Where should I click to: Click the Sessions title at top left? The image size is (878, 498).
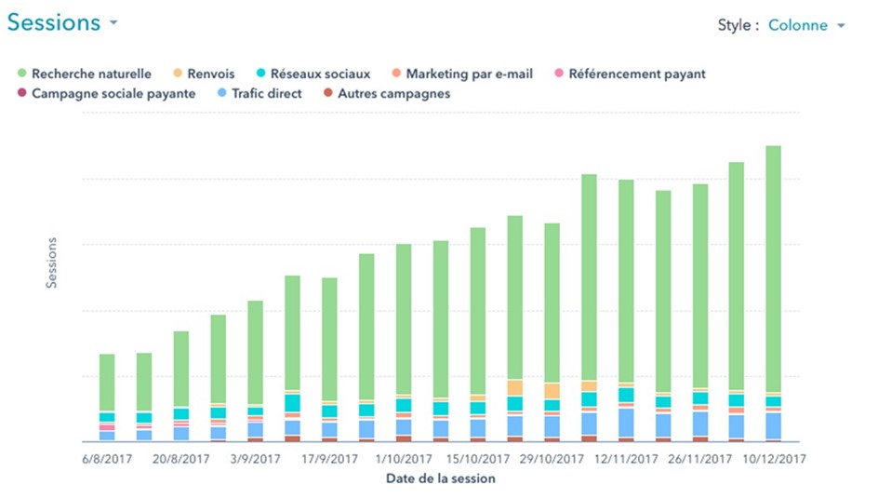click(54, 23)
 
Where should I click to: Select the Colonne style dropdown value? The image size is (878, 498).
click(798, 25)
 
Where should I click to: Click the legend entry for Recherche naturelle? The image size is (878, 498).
click(91, 74)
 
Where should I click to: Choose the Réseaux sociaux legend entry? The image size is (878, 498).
click(320, 74)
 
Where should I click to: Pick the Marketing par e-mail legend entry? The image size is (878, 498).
click(469, 74)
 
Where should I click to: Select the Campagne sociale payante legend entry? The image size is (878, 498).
click(113, 93)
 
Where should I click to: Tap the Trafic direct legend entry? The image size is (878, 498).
click(266, 93)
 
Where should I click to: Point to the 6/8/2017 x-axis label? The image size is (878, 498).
click(107, 459)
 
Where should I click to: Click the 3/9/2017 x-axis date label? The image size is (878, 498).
click(255, 459)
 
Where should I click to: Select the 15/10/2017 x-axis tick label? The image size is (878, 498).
click(477, 459)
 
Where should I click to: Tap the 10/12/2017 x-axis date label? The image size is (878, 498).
click(774, 459)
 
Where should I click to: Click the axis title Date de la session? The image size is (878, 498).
click(441, 478)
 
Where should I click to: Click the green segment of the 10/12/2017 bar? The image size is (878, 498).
click(773, 270)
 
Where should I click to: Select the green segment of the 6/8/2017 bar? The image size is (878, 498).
click(107, 382)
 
